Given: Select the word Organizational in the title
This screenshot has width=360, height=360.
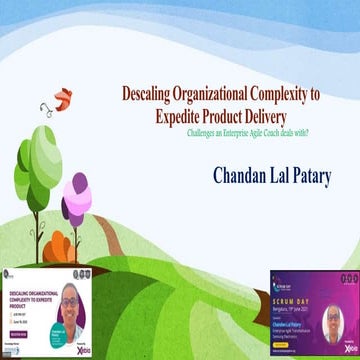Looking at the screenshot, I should (x=218, y=95).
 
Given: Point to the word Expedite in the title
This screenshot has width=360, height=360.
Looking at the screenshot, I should (x=185, y=116).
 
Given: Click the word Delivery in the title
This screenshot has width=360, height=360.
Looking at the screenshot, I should (x=287, y=116).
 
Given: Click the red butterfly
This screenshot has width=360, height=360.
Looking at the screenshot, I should (x=62, y=99).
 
